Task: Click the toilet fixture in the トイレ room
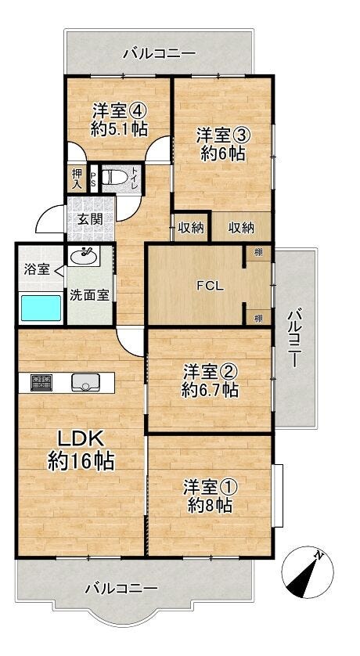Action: point(113,178)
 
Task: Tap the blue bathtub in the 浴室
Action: point(41,308)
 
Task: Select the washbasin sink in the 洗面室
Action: point(85,256)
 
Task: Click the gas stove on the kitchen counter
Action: point(41,382)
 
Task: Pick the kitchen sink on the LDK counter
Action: point(86,382)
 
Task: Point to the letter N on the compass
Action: point(319,556)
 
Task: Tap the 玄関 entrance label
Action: point(90,219)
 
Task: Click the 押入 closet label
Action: point(77,178)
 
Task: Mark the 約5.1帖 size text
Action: point(119,130)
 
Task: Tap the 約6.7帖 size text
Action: point(210,391)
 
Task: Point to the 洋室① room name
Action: point(211,487)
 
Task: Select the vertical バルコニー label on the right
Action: point(295,337)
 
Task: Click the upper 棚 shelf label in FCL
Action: point(259,254)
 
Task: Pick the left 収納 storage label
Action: point(191,228)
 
